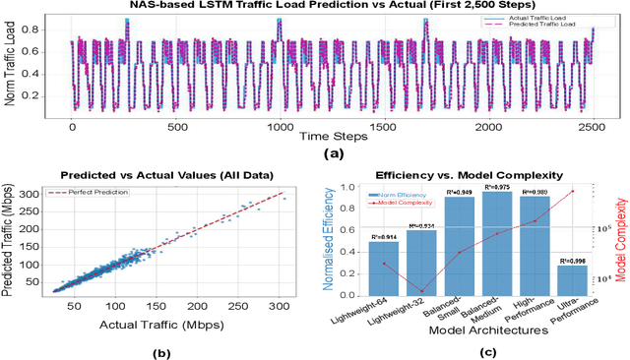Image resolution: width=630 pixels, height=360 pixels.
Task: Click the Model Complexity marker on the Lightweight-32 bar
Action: click(x=421, y=291)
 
